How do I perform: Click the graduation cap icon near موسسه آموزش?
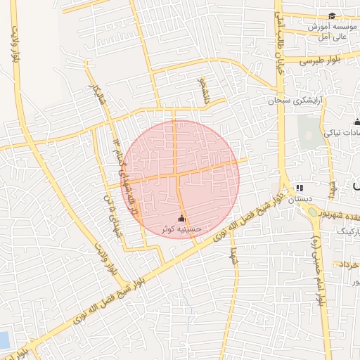click(x=332, y=15)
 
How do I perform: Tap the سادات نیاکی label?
click(x=342, y=131)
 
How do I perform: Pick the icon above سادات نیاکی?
click(x=356, y=122)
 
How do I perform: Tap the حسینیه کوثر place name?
click(x=184, y=229)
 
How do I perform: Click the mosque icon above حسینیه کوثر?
click(x=184, y=218)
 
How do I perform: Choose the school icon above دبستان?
click(x=300, y=188)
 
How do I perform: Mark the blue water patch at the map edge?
click(x=4, y=340)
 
